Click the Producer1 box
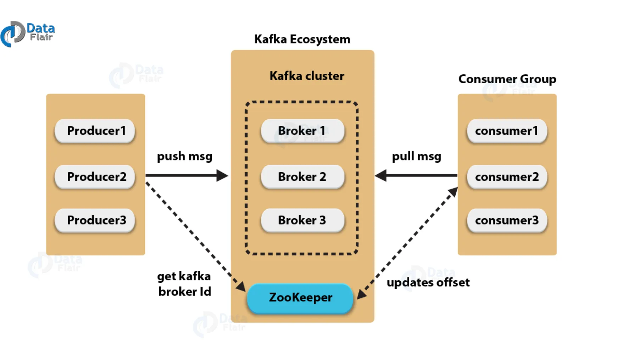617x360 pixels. click(95, 131)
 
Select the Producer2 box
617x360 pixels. click(95, 176)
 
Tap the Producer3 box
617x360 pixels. click(95, 220)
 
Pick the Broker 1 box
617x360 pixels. click(302, 131)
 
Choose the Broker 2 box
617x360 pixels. click(302, 176)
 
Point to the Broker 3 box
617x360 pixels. click(302, 220)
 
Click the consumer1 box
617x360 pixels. click(507, 131)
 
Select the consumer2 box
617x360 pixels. click(507, 176)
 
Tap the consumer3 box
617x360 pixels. click(507, 220)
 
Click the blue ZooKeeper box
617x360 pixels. click(300, 298)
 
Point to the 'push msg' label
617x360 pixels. click(184, 156)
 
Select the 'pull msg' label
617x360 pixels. click(416, 156)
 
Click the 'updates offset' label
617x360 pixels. click(428, 282)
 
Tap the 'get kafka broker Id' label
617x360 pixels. click(184, 284)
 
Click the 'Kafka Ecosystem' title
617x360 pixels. click(302, 39)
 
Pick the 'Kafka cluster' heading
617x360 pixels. click(307, 76)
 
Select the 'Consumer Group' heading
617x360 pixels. click(507, 79)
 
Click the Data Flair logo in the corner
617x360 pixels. click(28, 33)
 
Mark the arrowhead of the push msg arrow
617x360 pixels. click(222, 175)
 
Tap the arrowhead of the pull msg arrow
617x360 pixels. click(381, 175)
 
